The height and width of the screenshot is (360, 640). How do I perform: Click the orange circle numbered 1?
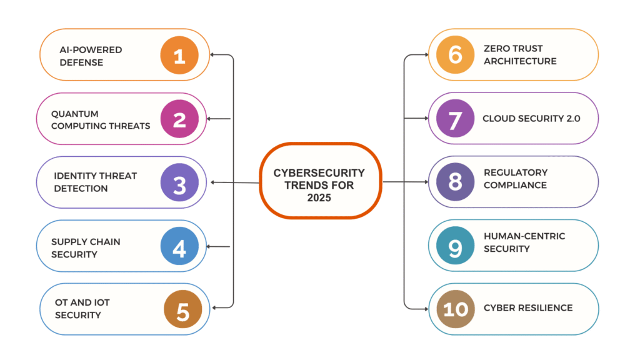179,56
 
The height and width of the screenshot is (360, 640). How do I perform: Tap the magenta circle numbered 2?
179,119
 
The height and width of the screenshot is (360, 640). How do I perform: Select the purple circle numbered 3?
179,182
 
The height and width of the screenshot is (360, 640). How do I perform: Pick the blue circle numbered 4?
179,247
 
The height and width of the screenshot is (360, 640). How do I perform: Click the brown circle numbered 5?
182,311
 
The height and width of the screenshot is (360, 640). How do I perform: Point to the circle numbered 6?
455,54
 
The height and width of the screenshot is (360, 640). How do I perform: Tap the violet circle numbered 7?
455,119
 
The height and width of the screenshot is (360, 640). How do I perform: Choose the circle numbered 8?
455,182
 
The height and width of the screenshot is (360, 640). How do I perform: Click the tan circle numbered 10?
455,308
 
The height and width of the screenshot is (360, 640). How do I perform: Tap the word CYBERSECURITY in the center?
319,173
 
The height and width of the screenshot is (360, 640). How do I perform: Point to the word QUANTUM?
75,114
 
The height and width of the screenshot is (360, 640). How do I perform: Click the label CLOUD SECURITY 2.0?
531,119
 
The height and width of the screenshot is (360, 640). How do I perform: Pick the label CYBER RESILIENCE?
528,307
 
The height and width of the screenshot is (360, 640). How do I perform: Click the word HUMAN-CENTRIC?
524,236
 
